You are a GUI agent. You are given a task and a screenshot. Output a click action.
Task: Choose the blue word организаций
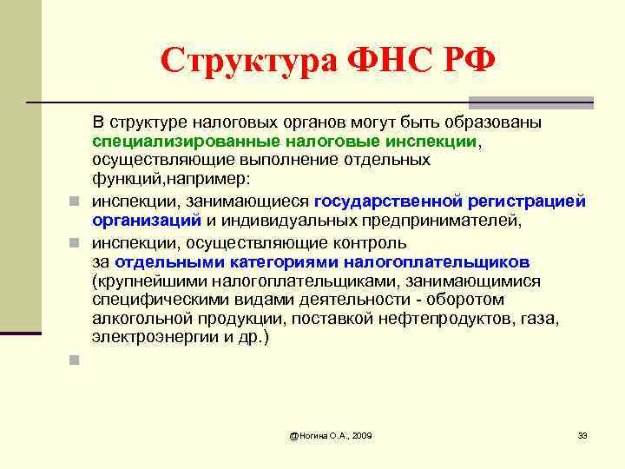tap(147, 221)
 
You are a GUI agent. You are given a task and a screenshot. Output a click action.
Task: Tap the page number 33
tap(582, 434)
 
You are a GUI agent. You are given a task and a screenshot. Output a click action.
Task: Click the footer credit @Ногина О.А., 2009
tap(331, 434)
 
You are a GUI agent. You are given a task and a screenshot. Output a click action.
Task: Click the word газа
tap(541, 320)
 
